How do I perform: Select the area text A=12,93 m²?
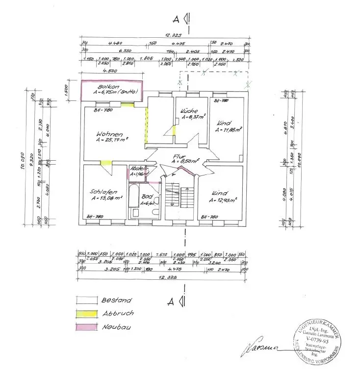tap(223, 200)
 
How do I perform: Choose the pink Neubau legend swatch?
tap(86, 327)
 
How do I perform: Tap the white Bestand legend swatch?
tap(86, 300)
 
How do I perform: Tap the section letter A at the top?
tap(176, 19)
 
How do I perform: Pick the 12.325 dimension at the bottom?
tap(164, 278)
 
